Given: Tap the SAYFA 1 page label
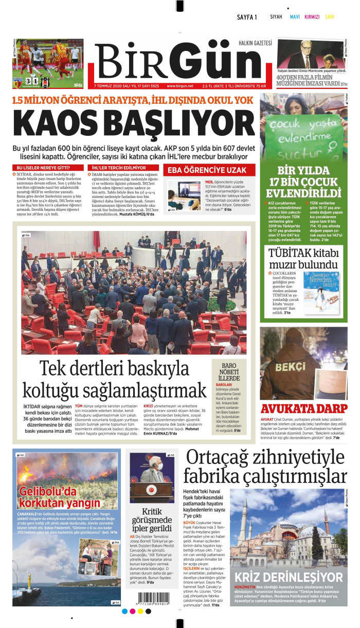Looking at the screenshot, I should pyautogui.click(x=247, y=17).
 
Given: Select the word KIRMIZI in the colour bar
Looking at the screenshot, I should pyautogui.click(x=312, y=17).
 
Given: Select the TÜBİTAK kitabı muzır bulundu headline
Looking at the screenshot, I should pyautogui.click(x=303, y=259).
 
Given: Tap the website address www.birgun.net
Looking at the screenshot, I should pyautogui.click(x=180, y=86).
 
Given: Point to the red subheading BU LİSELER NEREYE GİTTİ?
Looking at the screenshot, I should pyautogui.click(x=44, y=168).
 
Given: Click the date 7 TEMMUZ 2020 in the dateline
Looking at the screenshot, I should pyautogui.click(x=109, y=86).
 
